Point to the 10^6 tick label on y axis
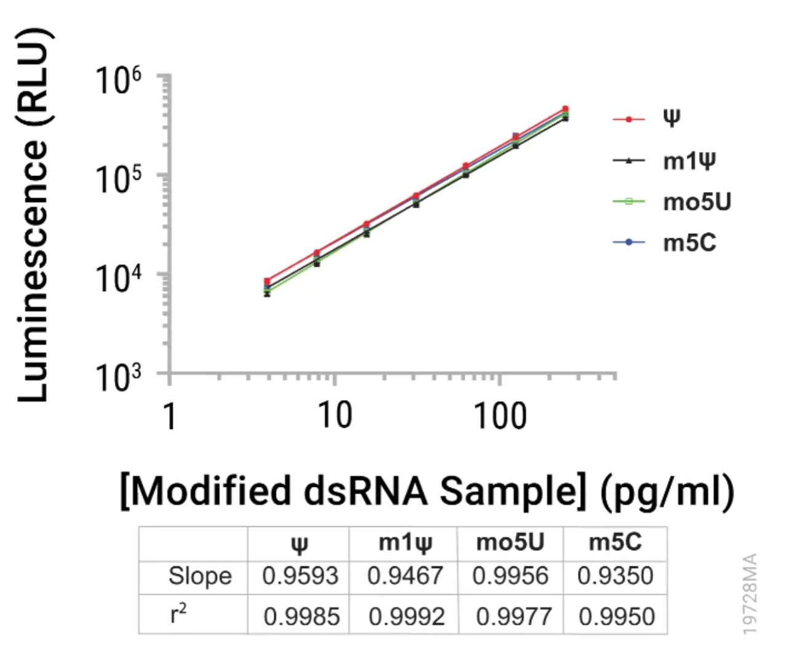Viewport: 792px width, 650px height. (118, 80)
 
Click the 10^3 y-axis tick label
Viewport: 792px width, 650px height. (118, 377)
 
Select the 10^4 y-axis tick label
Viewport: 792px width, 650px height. (118, 278)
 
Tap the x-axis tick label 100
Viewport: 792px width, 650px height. (500, 415)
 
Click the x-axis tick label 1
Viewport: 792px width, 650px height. (169, 416)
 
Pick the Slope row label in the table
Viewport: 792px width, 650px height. (200, 576)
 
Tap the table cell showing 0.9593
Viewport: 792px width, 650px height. (300, 576)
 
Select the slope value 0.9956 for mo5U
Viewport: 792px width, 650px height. (510, 576)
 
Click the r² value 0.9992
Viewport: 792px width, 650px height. (406, 616)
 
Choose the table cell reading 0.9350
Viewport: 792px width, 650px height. (615, 576)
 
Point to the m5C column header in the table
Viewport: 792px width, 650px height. (615, 542)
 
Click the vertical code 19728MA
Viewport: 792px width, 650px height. (750, 593)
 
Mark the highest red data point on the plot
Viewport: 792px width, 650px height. (565, 110)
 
